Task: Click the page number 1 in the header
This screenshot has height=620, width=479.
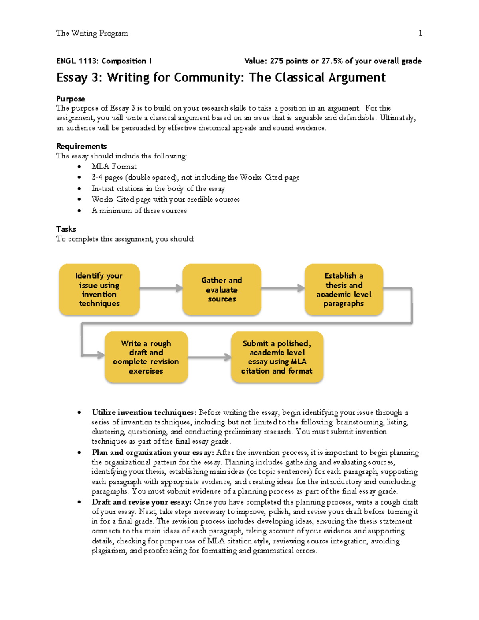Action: pos(420,33)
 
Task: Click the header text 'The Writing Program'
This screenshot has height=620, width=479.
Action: pos(92,33)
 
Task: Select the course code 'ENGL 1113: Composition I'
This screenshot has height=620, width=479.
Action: pos(104,61)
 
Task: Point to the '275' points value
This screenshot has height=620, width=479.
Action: pos(277,61)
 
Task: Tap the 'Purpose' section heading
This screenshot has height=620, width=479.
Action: pos(71,99)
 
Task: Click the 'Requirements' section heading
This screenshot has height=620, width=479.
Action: pos(81,146)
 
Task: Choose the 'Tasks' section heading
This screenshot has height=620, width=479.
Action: pos(66,229)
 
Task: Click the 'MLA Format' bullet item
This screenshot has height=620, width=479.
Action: pos(114,166)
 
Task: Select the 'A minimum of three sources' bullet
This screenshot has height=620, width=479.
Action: pos(139,210)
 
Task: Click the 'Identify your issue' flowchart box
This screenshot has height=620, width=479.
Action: pos(99,289)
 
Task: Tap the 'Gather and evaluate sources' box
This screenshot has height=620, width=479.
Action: pos(222,289)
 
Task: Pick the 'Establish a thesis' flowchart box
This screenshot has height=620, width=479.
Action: pos(344,289)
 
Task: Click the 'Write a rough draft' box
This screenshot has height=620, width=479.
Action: pos(146,357)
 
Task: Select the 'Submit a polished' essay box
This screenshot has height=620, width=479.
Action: pos(277,357)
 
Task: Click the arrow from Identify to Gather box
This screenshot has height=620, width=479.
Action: pos(161,288)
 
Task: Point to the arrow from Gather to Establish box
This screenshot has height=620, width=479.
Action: pos(283,288)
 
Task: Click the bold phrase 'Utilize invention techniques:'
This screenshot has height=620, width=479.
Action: pos(144,412)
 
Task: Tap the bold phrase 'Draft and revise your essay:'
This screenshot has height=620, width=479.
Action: pos(142,502)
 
